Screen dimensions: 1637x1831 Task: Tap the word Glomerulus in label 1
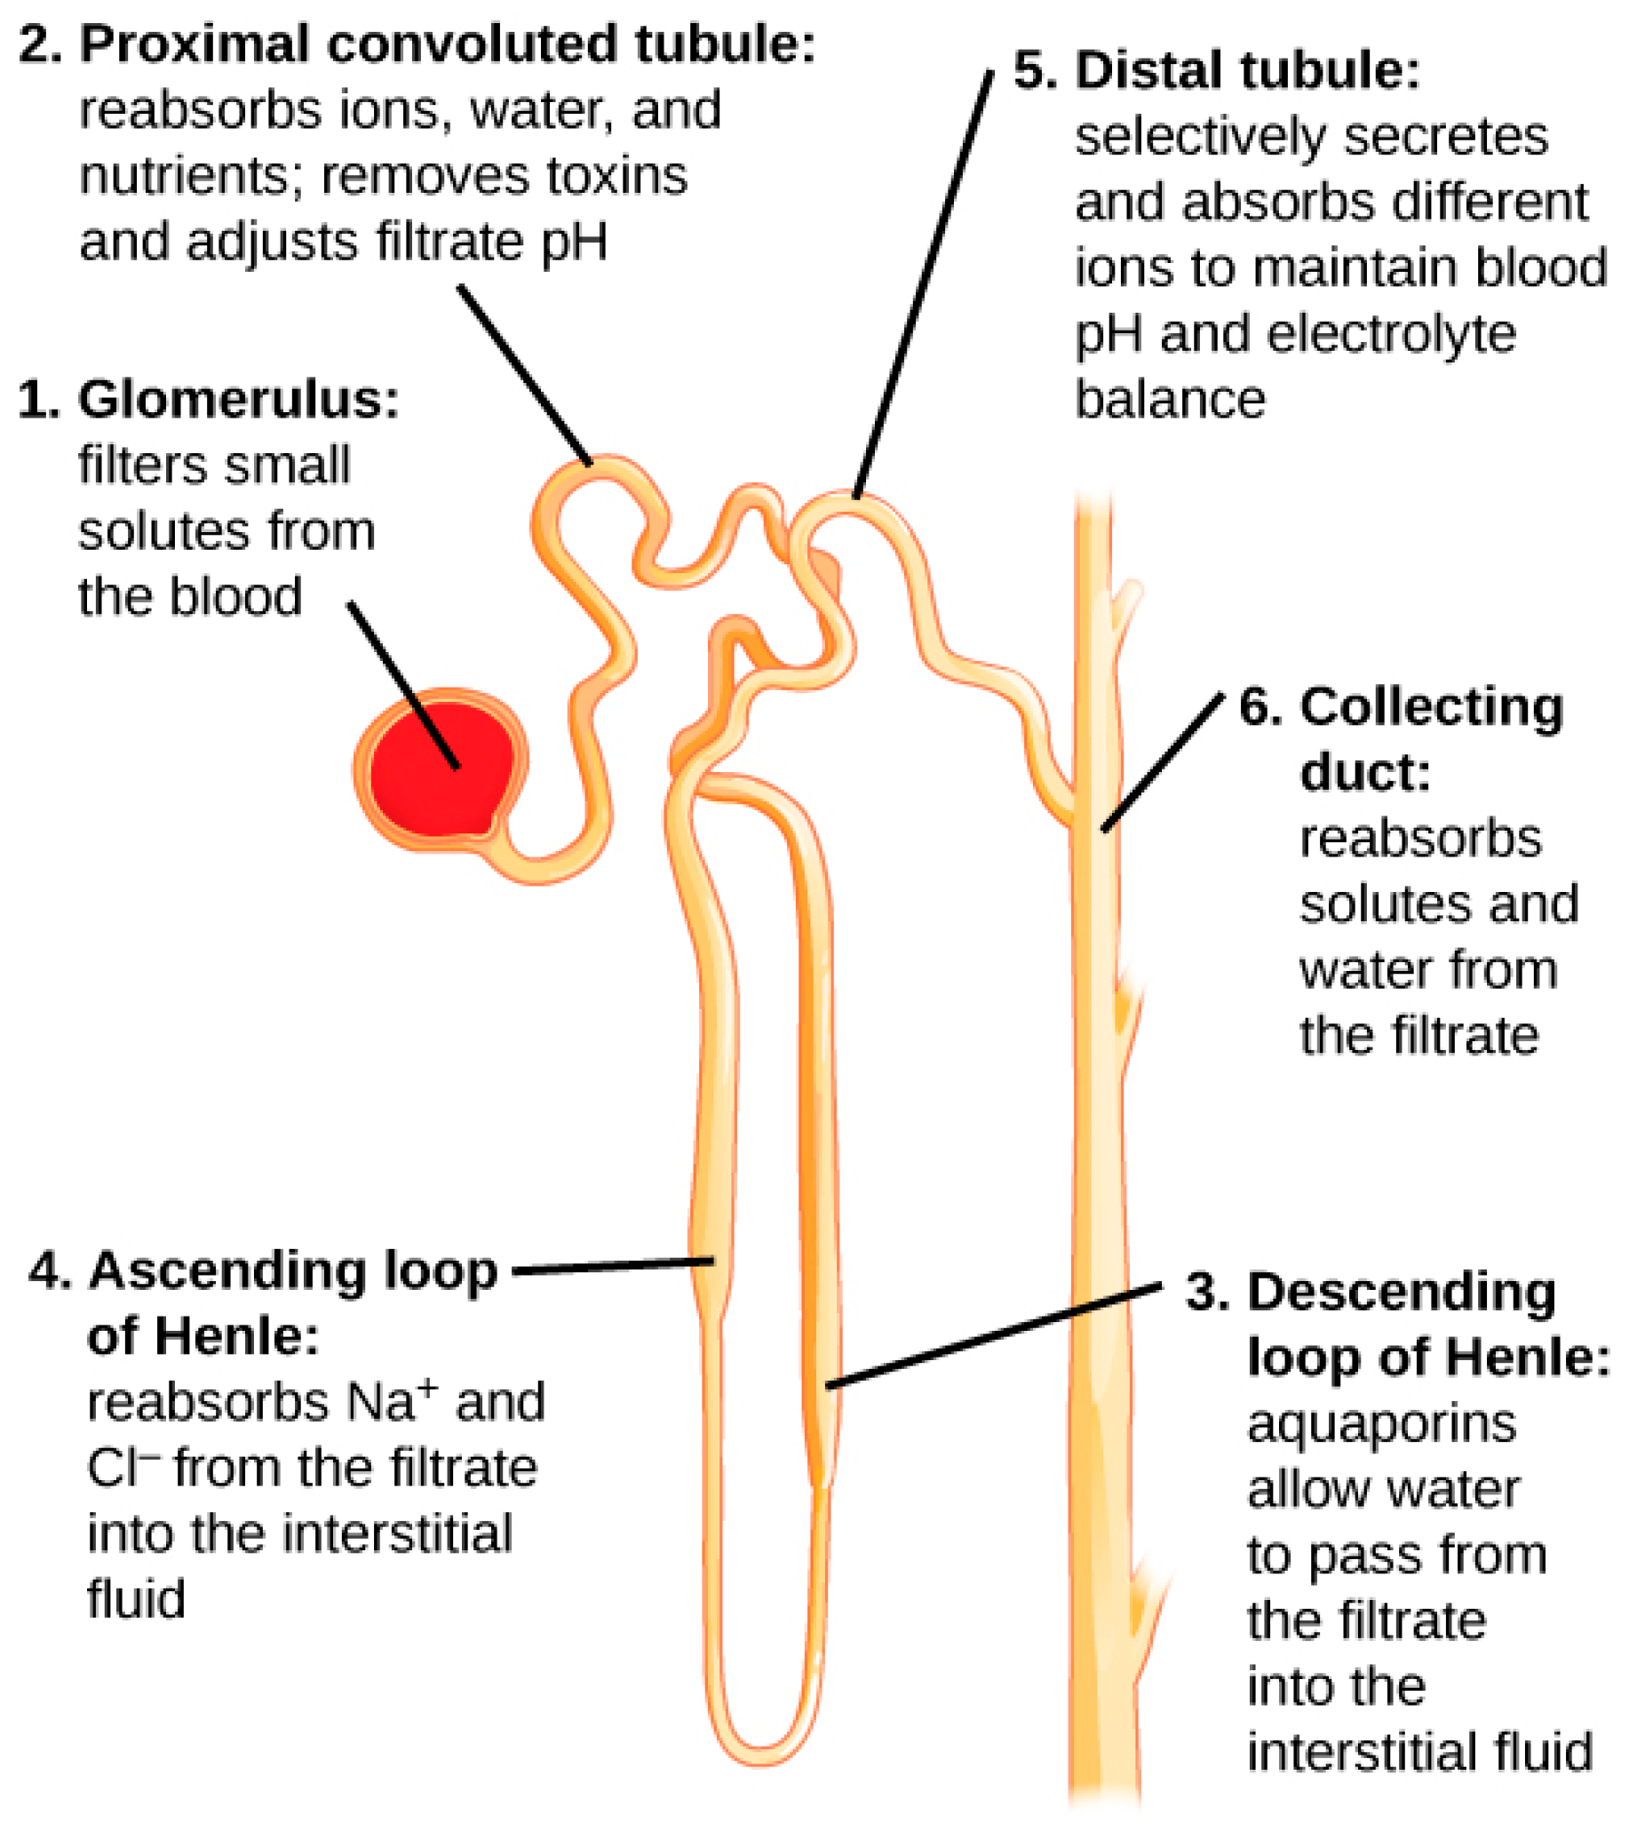pos(238,400)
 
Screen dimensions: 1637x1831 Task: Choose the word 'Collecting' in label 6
pos(1432,707)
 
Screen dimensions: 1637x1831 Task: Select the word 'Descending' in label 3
pos(1402,1293)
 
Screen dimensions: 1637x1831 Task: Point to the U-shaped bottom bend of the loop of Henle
pos(761,1732)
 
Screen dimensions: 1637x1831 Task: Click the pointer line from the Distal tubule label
pos(924,284)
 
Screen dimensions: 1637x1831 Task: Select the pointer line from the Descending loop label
pos(994,1336)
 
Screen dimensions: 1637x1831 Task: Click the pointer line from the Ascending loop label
pos(614,1267)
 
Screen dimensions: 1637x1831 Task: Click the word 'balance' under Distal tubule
pos(1170,400)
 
